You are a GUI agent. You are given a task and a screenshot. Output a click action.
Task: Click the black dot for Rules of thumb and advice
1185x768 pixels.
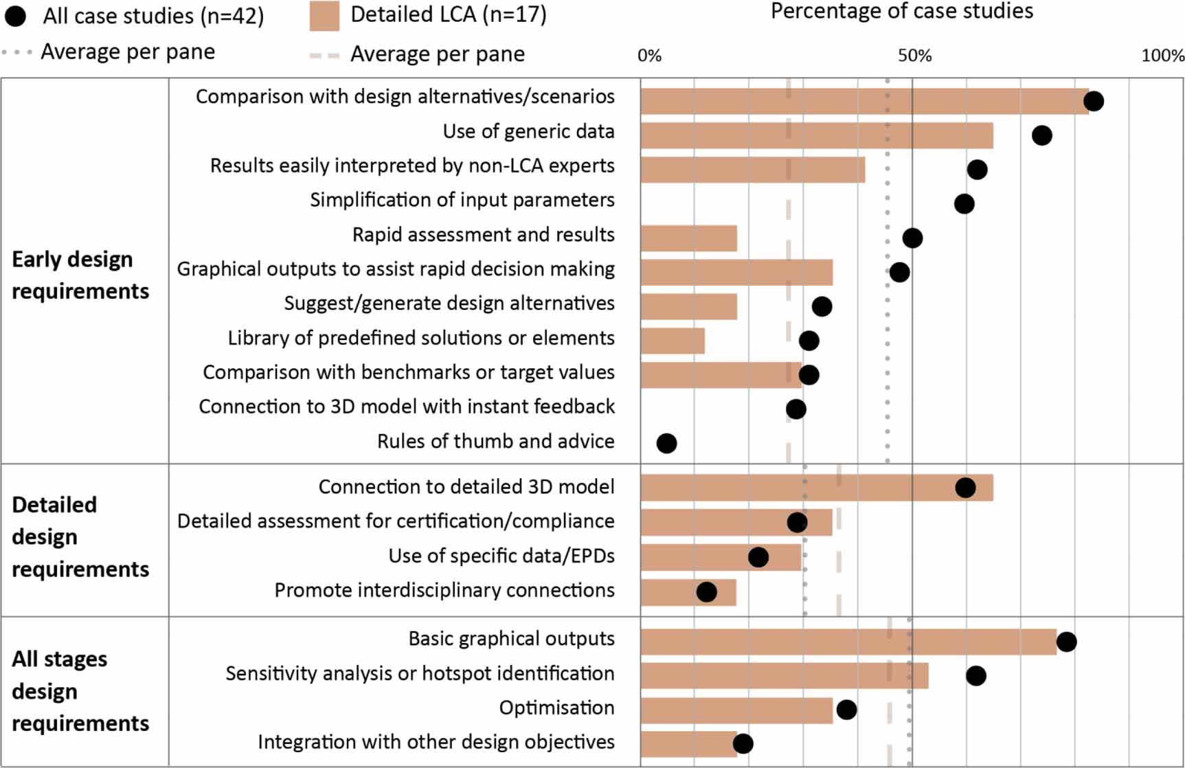(666, 443)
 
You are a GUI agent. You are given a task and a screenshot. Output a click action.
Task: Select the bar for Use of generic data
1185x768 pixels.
(816, 135)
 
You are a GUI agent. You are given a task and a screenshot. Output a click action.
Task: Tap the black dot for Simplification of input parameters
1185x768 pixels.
(964, 203)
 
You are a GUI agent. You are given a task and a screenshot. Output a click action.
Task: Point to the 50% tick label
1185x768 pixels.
(914, 56)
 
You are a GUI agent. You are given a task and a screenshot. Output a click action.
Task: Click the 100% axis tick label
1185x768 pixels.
(1162, 56)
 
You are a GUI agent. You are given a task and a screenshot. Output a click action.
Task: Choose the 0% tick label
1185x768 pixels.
(649, 56)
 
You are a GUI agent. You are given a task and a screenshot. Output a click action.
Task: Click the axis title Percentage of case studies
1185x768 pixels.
(901, 12)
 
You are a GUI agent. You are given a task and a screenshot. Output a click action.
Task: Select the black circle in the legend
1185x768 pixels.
(15, 16)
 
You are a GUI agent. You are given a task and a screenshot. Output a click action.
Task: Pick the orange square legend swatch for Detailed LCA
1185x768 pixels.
(324, 16)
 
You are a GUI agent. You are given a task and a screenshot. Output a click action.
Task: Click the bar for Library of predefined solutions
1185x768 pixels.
(673, 341)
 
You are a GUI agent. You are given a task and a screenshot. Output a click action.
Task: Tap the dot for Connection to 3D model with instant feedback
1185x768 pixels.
(795, 409)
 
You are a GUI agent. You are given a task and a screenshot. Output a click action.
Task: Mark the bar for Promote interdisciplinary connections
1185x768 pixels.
(688, 592)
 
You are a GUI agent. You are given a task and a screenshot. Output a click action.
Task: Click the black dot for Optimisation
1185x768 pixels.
(846, 710)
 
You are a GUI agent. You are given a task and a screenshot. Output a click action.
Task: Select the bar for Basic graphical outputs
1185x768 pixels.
(848, 641)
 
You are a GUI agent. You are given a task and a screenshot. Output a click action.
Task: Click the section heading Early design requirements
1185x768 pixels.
(80, 275)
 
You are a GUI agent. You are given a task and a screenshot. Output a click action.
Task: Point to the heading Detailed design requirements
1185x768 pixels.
(80, 537)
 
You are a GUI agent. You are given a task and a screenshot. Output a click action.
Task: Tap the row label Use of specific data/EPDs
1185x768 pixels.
(501, 556)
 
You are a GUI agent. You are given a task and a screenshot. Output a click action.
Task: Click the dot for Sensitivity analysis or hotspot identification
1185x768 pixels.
(975, 676)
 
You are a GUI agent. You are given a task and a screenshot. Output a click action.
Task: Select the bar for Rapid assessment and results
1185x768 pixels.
(688, 238)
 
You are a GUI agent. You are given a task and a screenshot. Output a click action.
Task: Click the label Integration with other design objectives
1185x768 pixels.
(436, 742)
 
